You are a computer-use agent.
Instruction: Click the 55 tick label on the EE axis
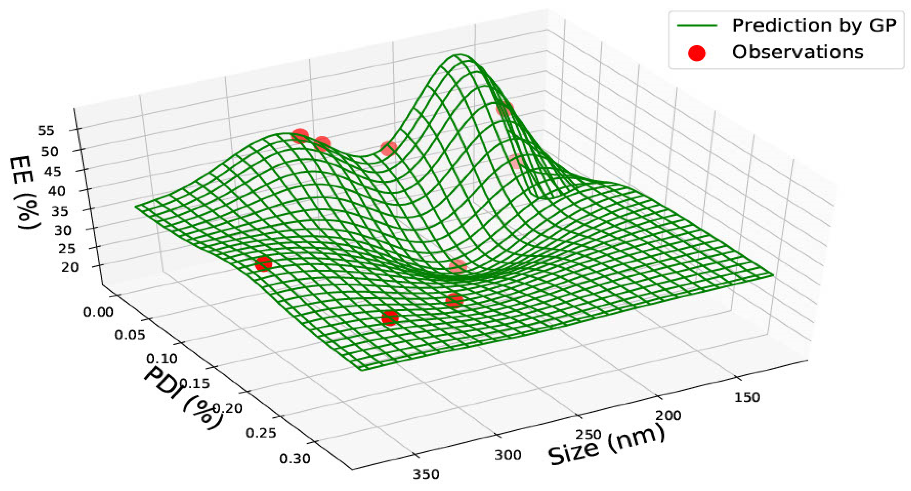[46, 131]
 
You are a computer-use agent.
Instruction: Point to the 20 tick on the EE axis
[70, 267]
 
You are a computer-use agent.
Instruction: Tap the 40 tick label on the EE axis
[57, 191]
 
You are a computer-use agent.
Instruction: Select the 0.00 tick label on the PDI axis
[98, 312]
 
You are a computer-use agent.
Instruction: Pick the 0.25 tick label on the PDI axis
[261, 433]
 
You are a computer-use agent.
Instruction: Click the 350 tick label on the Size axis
[426, 474]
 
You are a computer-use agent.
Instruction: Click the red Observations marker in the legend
[696, 53]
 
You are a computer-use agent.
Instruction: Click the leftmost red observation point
[263, 264]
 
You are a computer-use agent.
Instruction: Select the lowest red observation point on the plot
[390, 318]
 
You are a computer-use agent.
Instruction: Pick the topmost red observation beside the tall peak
[504, 109]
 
